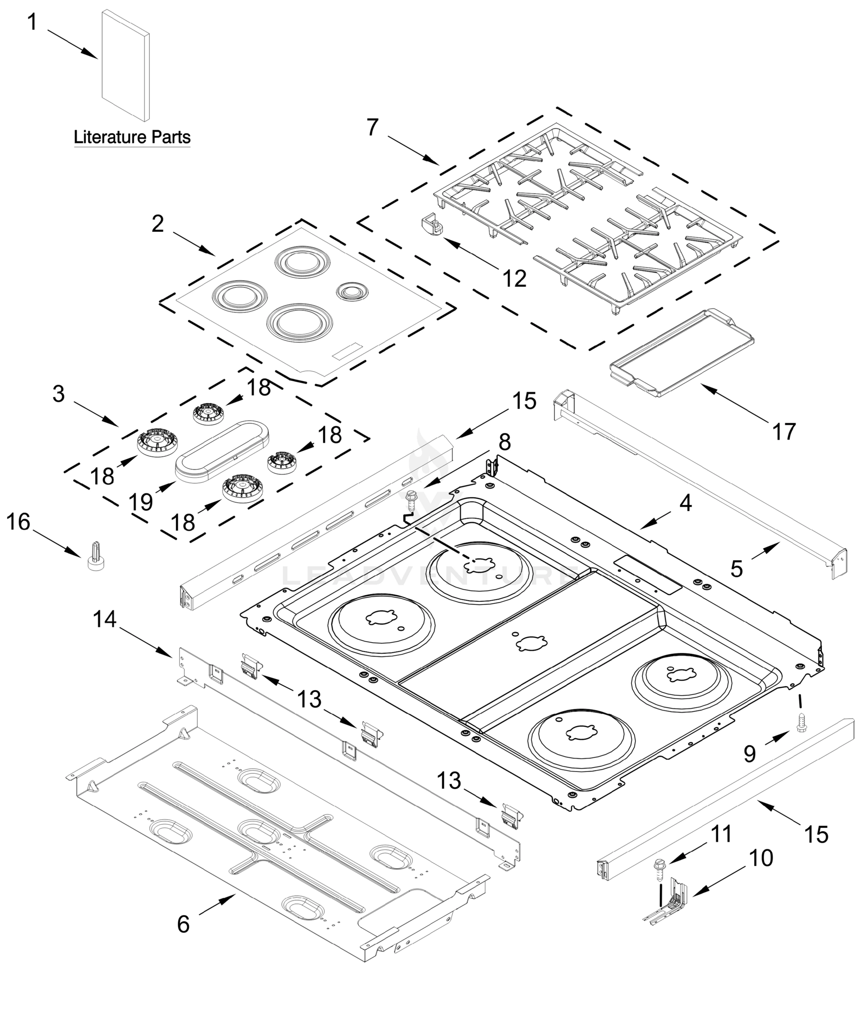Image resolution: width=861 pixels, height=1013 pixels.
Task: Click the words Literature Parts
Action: click(132, 137)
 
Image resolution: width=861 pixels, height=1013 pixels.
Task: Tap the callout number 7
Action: click(373, 128)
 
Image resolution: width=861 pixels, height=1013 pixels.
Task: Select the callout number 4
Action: click(686, 503)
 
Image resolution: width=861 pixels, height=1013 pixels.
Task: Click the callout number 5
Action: click(736, 569)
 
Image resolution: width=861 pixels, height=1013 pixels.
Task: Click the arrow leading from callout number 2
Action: click(194, 243)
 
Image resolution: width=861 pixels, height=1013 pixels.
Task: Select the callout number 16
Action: click(19, 521)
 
